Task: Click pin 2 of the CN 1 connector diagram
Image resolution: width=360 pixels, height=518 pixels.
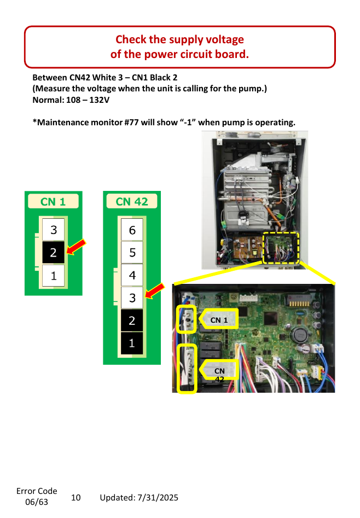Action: click(x=53, y=252)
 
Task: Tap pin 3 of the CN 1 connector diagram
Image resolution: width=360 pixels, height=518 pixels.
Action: click(x=53, y=230)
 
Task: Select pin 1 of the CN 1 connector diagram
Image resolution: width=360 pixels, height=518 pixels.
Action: click(x=53, y=276)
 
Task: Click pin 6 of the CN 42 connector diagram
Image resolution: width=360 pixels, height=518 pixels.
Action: click(x=132, y=230)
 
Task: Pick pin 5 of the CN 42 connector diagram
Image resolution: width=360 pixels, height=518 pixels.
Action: click(x=132, y=252)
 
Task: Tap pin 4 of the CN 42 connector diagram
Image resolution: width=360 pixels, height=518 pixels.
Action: click(x=132, y=275)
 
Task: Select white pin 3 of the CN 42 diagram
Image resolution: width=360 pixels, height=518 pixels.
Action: click(x=132, y=298)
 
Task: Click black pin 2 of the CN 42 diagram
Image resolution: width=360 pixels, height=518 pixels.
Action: click(x=132, y=321)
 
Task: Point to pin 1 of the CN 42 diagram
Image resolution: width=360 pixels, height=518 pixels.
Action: click(x=132, y=344)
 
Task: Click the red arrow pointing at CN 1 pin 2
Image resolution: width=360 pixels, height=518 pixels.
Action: click(x=76, y=247)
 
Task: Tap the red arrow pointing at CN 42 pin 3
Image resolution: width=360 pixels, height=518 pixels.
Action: click(x=155, y=290)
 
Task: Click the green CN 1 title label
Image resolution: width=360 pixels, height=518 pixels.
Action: click(x=53, y=201)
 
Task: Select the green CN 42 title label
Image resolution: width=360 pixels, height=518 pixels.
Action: click(x=132, y=201)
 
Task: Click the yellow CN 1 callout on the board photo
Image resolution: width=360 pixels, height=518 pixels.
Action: click(x=218, y=319)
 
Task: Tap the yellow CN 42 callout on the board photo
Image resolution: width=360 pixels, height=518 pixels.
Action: click(x=218, y=370)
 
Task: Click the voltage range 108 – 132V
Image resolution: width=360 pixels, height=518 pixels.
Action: click(x=88, y=100)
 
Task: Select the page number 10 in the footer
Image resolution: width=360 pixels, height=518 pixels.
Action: click(x=76, y=498)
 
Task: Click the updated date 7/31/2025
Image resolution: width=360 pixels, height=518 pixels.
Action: click(x=158, y=498)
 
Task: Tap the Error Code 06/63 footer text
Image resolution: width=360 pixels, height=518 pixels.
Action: click(x=37, y=497)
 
